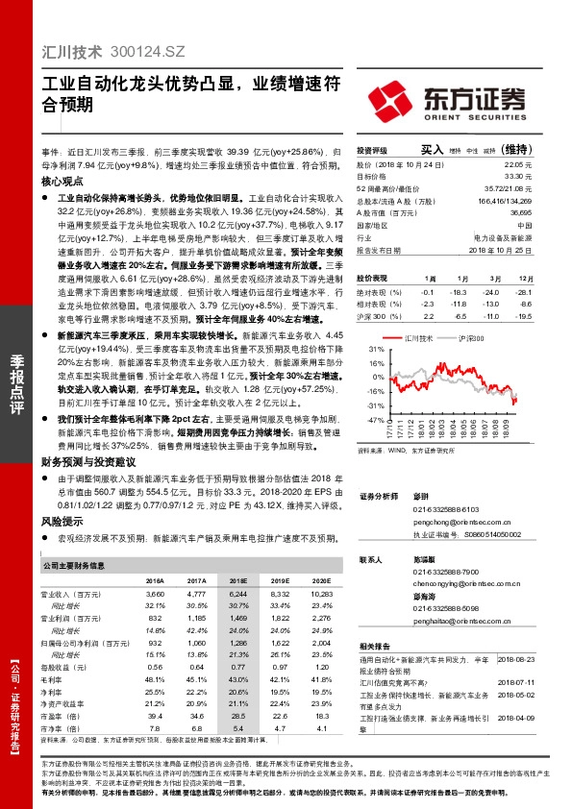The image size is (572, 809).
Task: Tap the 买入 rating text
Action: [x=432, y=150]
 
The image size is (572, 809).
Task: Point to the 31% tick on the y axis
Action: [x=374, y=352]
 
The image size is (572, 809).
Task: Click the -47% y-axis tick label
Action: [x=373, y=420]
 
